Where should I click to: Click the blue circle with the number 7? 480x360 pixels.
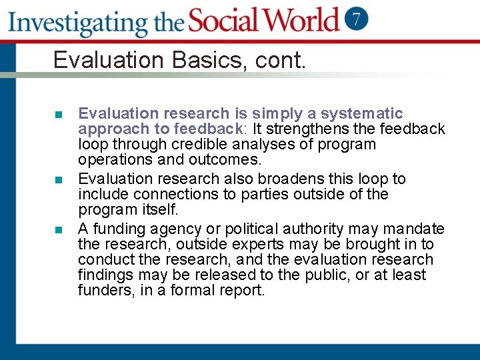coord(357,19)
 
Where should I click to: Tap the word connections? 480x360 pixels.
coord(172,194)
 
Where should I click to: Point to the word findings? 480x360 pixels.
coord(107,275)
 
